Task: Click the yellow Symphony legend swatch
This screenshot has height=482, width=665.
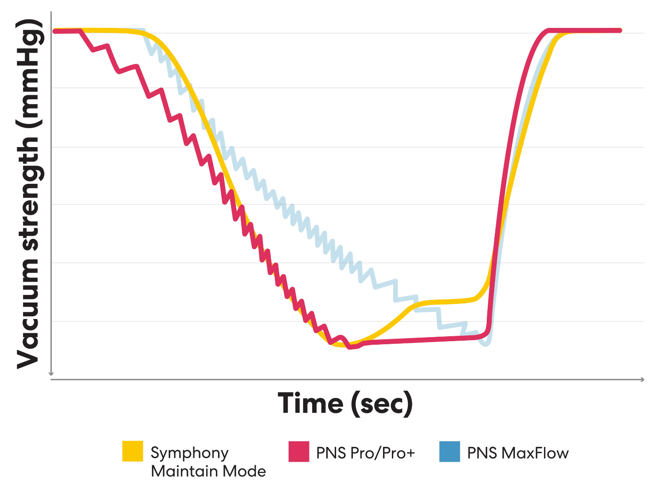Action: tap(133, 451)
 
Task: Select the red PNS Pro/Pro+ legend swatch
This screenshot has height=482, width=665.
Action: tap(299, 451)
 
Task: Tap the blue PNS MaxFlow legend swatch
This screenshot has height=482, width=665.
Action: tap(450, 451)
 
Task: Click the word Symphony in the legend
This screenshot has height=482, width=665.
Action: tap(189, 453)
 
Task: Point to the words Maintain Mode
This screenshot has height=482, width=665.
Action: tap(208, 471)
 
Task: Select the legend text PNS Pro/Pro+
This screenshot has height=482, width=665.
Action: tap(365, 453)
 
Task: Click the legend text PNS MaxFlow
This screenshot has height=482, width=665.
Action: tap(518, 453)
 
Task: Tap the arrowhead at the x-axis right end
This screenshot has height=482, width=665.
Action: tap(642, 379)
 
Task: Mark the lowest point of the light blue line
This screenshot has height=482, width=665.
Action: tap(486, 344)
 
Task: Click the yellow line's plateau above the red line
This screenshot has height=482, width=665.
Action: tap(448, 302)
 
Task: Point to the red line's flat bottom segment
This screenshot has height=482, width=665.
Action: tap(421, 340)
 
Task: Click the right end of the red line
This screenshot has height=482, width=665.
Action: tap(619, 31)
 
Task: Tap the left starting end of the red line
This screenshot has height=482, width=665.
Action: tap(55, 31)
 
